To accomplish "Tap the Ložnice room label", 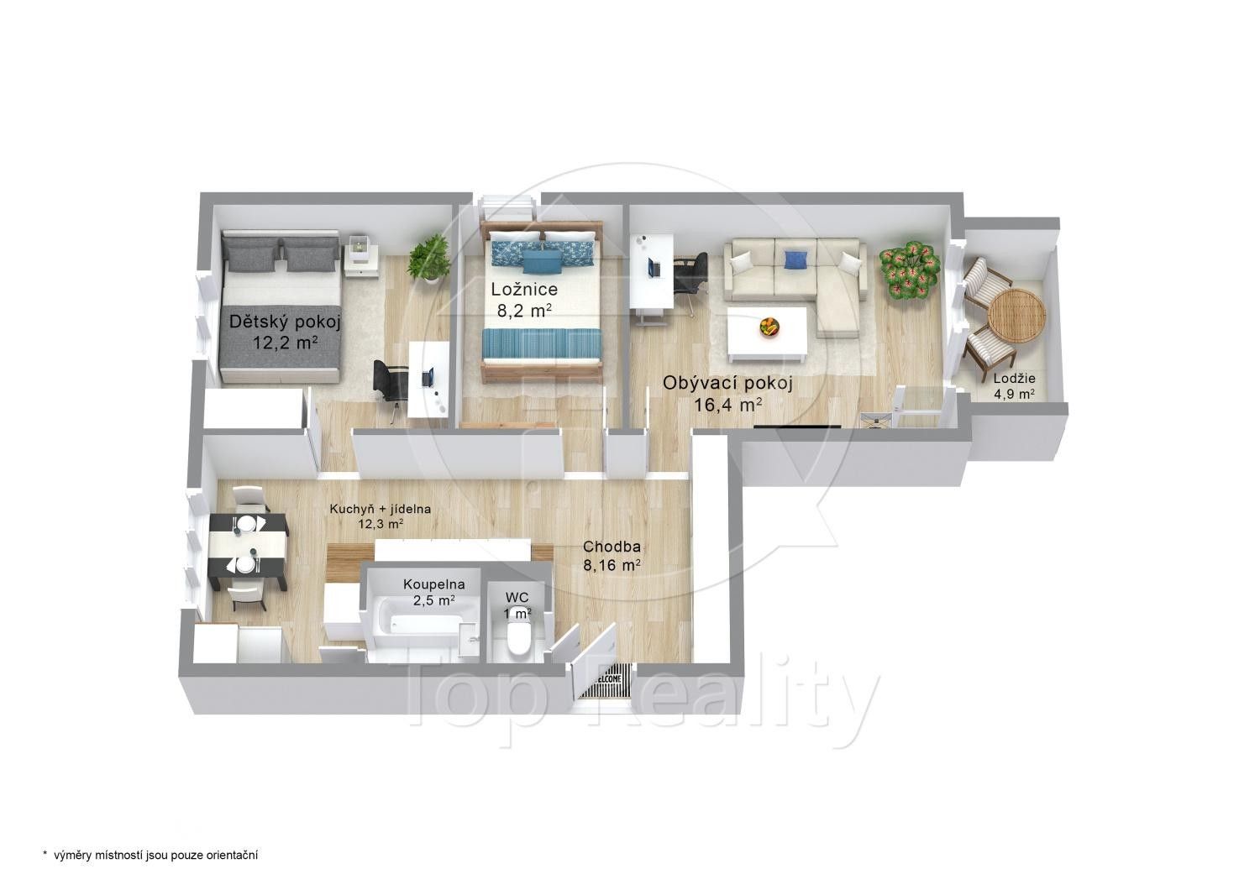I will [524, 299].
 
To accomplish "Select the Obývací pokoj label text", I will [727, 394].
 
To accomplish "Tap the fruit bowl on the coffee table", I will [769, 327].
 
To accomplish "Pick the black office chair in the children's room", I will [389, 381].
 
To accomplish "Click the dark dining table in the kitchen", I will [248, 545].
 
